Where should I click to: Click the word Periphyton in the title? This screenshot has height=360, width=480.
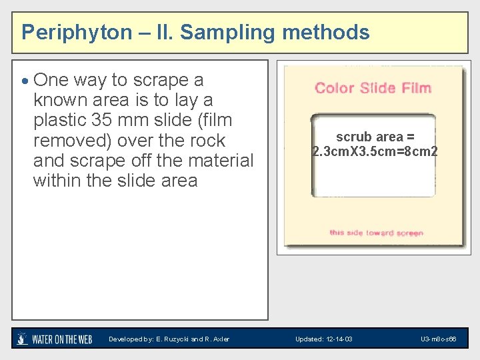point(77,32)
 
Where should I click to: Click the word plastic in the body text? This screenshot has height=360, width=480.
point(64,121)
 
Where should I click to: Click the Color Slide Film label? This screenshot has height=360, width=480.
point(373,88)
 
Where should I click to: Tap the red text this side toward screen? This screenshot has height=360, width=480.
point(376,233)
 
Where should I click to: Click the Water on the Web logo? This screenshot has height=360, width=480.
point(55,339)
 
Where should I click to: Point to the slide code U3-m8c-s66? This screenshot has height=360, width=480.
point(438,339)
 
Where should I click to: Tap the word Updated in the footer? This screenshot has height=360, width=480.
point(307,339)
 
